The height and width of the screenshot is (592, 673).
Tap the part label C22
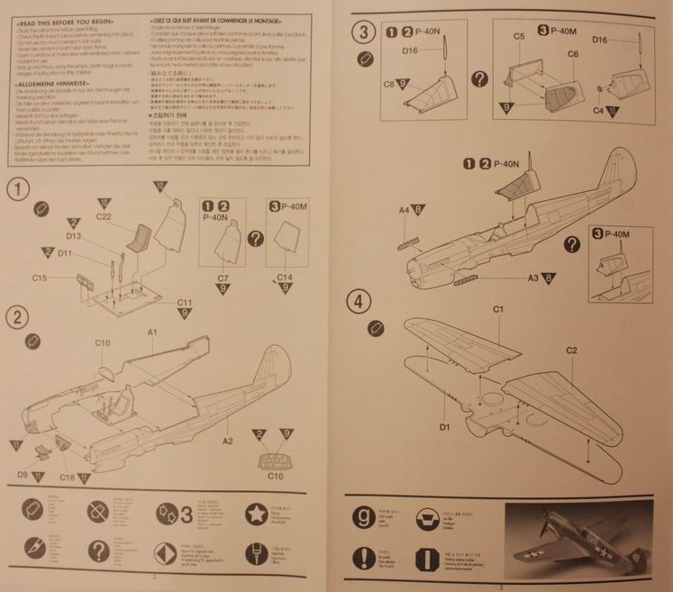[x=103, y=216]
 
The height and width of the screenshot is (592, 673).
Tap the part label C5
[x=519, y=36]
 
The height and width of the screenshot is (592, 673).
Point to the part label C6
[x=573, y=55]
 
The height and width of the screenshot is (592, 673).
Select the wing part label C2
[x=571, y=350]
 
